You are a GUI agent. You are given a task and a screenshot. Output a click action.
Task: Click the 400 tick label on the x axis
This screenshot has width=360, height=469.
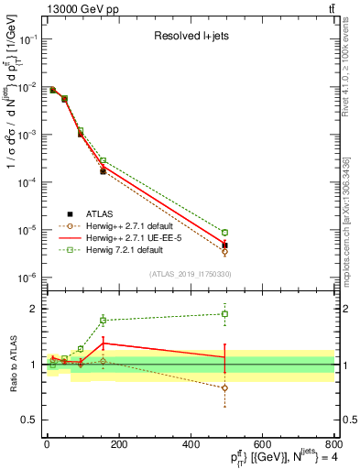[x=226, y=448]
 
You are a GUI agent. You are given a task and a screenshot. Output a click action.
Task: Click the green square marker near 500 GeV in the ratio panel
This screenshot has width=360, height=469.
[x=224, y=314]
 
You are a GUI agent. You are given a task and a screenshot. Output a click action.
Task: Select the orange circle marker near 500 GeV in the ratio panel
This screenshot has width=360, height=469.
[x=224, y=387]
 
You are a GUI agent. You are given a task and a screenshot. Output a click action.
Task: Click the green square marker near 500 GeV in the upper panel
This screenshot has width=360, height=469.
[x=224, y=233]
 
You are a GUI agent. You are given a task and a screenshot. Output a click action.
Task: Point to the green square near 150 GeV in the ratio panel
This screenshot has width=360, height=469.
[x=103, y=321]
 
